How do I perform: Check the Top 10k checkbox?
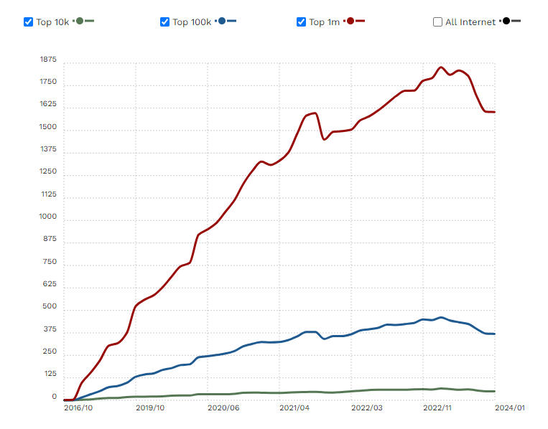point(29,22)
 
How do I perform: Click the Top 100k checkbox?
point(165,22)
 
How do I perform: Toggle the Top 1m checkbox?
point(302,22)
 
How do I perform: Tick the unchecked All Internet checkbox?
point(438,22)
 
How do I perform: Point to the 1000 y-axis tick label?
point(48,217)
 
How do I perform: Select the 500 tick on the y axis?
point(50,307)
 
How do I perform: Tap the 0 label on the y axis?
point(53,397)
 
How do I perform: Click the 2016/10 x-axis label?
point(78,407)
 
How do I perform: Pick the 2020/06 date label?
point(223,407)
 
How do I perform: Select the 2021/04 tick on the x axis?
point(295,407)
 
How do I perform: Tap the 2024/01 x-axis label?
point(510,407)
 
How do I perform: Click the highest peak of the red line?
point(441,67)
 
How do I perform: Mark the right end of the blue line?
point(494,334)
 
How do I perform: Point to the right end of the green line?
point(494,391)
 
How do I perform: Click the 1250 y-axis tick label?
point(48,171)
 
